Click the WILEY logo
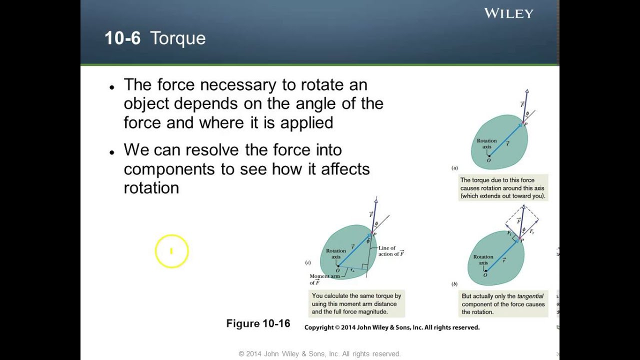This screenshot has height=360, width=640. click(508, 13)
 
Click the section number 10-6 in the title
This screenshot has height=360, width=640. click(122, 38)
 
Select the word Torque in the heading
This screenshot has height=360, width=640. click(177, 38)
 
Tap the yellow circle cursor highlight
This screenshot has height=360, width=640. click(171, 251)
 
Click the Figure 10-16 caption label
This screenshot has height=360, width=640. click(258, 323)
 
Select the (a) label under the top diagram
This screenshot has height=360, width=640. click(454, 168)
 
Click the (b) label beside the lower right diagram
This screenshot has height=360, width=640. click(454, 284)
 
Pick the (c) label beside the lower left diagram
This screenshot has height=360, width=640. click(308, 262)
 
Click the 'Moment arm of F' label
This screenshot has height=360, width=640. click(324, 279)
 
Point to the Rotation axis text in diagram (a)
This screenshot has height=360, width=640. click(486, 143)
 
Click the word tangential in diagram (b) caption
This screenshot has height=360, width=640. click(531, 296)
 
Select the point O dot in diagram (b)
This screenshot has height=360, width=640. click(485, 270)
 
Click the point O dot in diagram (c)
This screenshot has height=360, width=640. click(338, 266)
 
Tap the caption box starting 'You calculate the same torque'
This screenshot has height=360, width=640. click(356, 303)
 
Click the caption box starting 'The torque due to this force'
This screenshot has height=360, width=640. click(503, 188)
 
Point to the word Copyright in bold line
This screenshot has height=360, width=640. click(319, 327)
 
